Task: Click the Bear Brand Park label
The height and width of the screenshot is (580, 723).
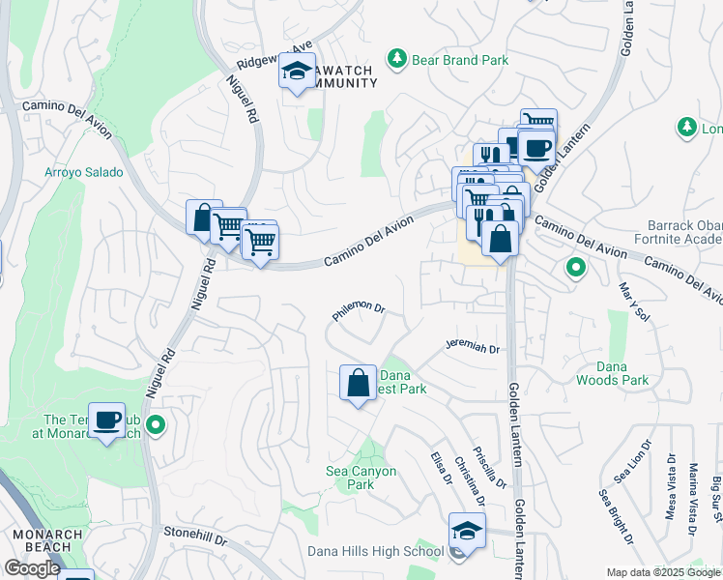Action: pyautogui.click(x=460, y=60)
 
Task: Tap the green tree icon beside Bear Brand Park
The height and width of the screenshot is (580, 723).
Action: pyautogui.click(x=396, y=60)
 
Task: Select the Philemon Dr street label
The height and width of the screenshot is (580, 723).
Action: pyautogui.click(x=359, y=309)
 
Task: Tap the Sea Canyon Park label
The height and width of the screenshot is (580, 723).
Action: pyautogui.click(x=361, y=478)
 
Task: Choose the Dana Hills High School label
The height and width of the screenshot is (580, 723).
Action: pyautogui.click(x=375, y=552)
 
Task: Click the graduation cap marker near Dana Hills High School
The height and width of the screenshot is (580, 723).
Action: pyautogui.click(x=467, y=531)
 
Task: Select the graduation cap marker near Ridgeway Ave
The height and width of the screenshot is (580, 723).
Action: pyautogui.click(x=298, y=70)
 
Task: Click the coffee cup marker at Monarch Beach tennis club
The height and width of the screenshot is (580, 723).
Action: pyautogui.click(x=106, y=420)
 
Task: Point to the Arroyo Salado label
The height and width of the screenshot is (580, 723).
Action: pyautogui.click(x=84, y=173)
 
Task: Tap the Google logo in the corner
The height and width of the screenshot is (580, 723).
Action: pyautogui.click(x=32, y=568)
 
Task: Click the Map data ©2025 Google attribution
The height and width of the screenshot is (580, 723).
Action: pyautogui.click(x=662, y=572)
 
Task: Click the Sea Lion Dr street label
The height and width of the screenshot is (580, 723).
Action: pyautogui.click(x=630, y=462)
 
